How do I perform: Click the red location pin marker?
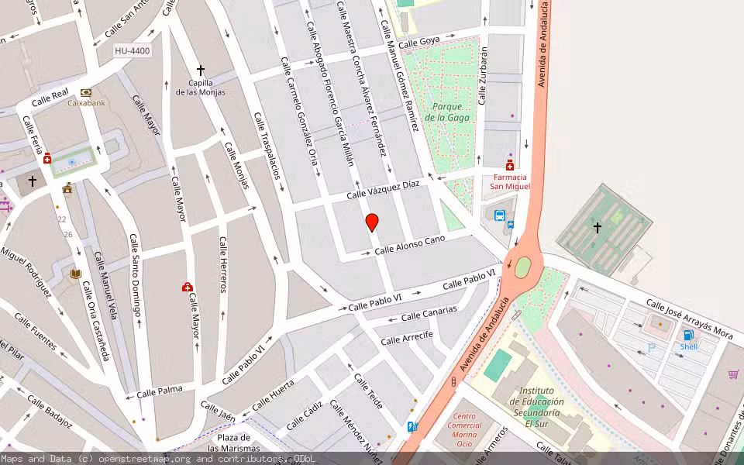(x=372, y=222)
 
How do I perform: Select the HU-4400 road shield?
(x=133, y=51)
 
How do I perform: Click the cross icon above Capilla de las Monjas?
(x=201, y=70)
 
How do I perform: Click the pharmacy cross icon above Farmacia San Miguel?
(x=510, y=165)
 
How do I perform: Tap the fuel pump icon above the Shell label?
(x=687, y=335)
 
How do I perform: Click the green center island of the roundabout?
(x=523, y=267)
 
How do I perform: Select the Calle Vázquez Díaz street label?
(x=383, y=189)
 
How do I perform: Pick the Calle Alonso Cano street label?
(x=409, y=245)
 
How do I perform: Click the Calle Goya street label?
(x=419, y=41)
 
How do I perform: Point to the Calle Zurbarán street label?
(x=484, y=75)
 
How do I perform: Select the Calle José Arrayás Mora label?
(x=689, y=320)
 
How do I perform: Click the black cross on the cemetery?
(x=598, y=227)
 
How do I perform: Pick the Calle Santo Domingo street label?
(x=136, y=275)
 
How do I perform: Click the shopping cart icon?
(x=733, y=374)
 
